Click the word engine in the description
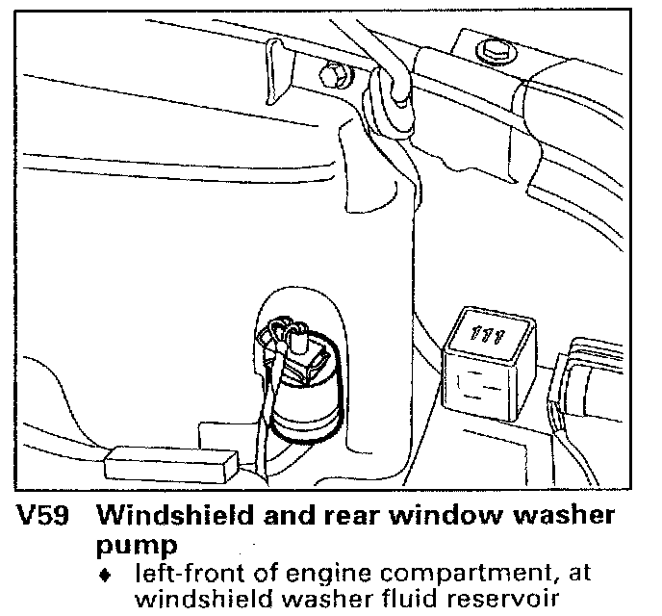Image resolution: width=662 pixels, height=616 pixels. pos(314,575)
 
